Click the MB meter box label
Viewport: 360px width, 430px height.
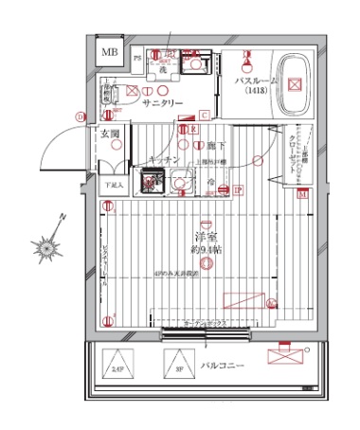[111, 52]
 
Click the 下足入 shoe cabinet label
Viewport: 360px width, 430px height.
[112, 184]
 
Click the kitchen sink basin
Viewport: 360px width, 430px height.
[180, 179]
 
